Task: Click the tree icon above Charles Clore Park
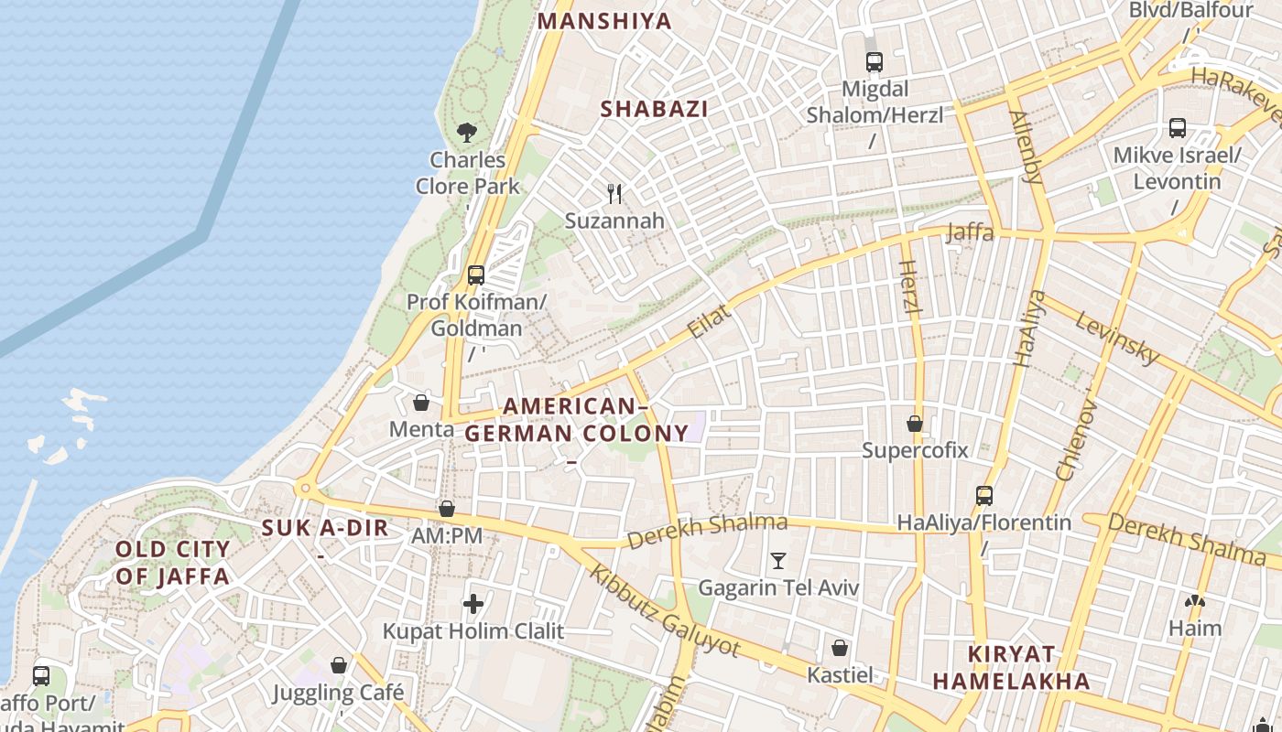[467, 132]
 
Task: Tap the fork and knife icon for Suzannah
[614, 193]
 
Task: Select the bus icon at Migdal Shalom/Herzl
[875, 62]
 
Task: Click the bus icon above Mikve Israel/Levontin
[1178, 128]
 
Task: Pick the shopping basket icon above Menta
[421, 402]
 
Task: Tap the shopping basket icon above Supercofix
[914, 424]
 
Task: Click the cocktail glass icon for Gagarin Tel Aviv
[778, 560]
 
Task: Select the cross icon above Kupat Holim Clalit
[473, 603]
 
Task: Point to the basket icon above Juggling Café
[339, 665]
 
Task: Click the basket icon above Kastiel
[840, 648]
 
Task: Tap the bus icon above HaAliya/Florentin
[984, 496]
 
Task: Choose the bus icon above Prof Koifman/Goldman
[475, 274]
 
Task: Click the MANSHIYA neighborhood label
[604, 21]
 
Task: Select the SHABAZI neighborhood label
[654, 109]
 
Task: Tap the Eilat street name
[709, 322]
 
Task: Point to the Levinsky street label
[1117, 338]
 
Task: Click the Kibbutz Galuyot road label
[663, 609]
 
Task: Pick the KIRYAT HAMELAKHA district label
[1011, 667]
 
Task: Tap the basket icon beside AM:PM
[447, 509]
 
